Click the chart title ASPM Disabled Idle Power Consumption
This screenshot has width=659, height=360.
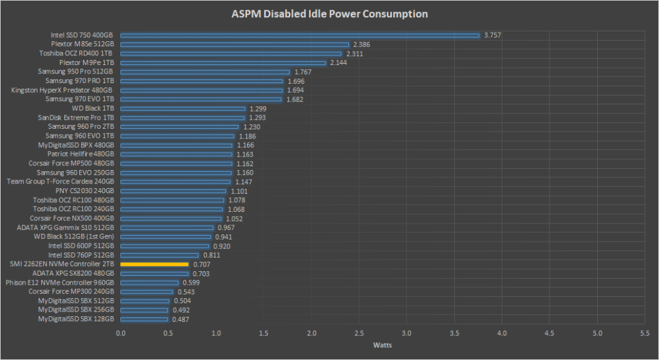(x=329, y=14)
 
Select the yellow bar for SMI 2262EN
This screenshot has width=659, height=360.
(x=154, y=264)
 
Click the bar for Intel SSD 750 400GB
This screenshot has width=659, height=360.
(x=300, y=35)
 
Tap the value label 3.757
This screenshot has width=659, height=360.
(x=493, y=35)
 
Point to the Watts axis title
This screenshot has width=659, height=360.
(x=383, y=345)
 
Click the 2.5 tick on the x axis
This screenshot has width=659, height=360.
(x=359, y=334)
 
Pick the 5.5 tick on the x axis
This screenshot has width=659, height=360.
(x=645, y=334)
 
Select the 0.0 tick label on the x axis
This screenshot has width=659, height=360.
(x=121, y=334)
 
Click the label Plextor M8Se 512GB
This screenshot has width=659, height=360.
(x=78, y=44)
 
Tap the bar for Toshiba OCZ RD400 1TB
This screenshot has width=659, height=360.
(x=231, y=53)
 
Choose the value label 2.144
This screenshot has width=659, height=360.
(x=339, y=63)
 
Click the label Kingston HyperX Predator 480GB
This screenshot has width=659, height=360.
(x=62, y=90)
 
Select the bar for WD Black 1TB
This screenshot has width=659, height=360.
(x=183, y=109)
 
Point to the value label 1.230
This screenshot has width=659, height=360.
(x=252, y=127)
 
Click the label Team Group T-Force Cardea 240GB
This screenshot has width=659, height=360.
(x=60, y=182)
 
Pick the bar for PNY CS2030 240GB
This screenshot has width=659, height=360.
(x=173, y=191)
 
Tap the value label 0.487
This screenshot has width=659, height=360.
(x=180, y=319)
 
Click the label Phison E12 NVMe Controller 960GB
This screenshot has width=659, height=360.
(x=60, y=283)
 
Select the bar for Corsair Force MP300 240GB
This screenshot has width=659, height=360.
(x=147, y=292)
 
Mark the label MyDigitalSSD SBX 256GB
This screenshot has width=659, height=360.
(x=76, y=310)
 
